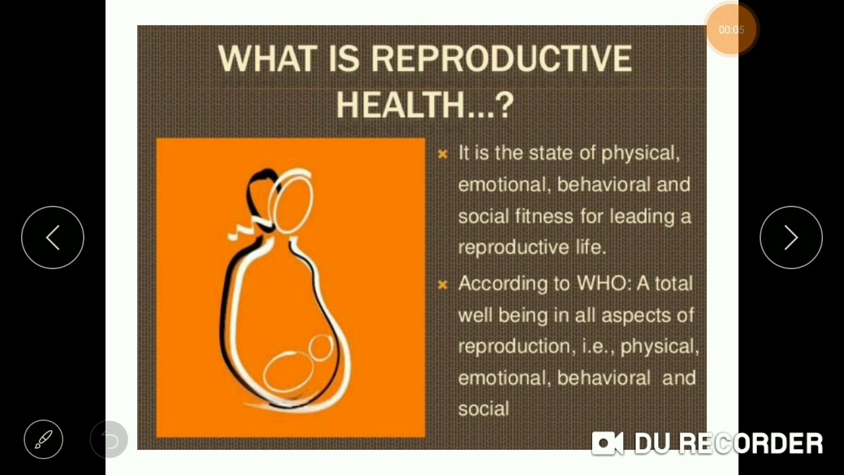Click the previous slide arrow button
[53, 237]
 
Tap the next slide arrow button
[791, 237]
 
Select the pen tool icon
[44, 439]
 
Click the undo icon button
[109, 439]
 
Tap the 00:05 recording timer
[731, 30]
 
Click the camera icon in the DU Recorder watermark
[607, 443]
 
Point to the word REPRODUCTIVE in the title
[502, 59]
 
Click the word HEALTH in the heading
[400, 105]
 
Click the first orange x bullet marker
[442, 154]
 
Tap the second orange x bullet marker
[442, 285]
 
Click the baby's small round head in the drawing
[321, 348]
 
